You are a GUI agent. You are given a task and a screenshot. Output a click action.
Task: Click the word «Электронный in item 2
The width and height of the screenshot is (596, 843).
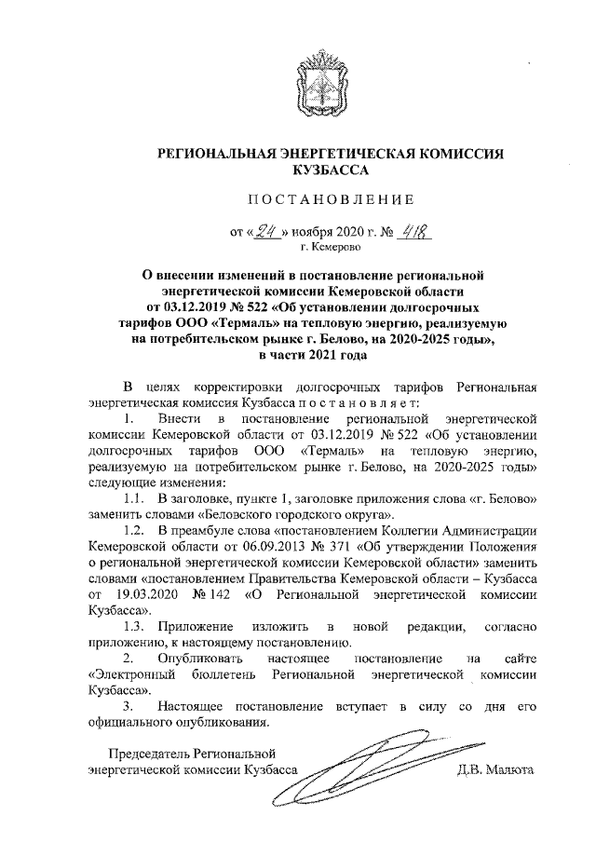click(x=126, y=675)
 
